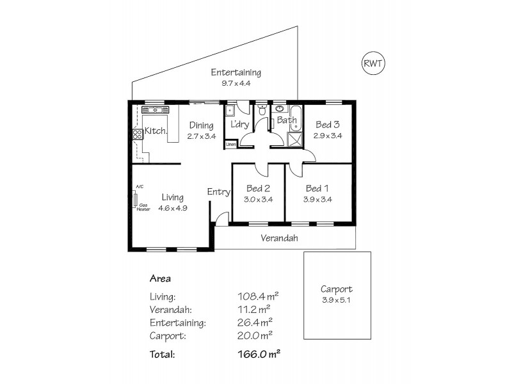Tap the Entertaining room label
(x=236, y=72)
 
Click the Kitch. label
(x=156, y=131)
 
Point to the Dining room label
(x=200, y=125)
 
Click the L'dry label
(x=239, y=124)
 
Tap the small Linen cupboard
(x=231, y=145)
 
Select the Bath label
(x=286, y=120)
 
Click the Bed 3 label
(x=326, y=125)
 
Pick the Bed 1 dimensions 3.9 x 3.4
(x=317, y=199)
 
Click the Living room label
(x=173, y=197)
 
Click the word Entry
(x=218, y=192)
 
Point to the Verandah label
(x=280, y=238)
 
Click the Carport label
(x=336, y=289)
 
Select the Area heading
(x=159, y=278)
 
